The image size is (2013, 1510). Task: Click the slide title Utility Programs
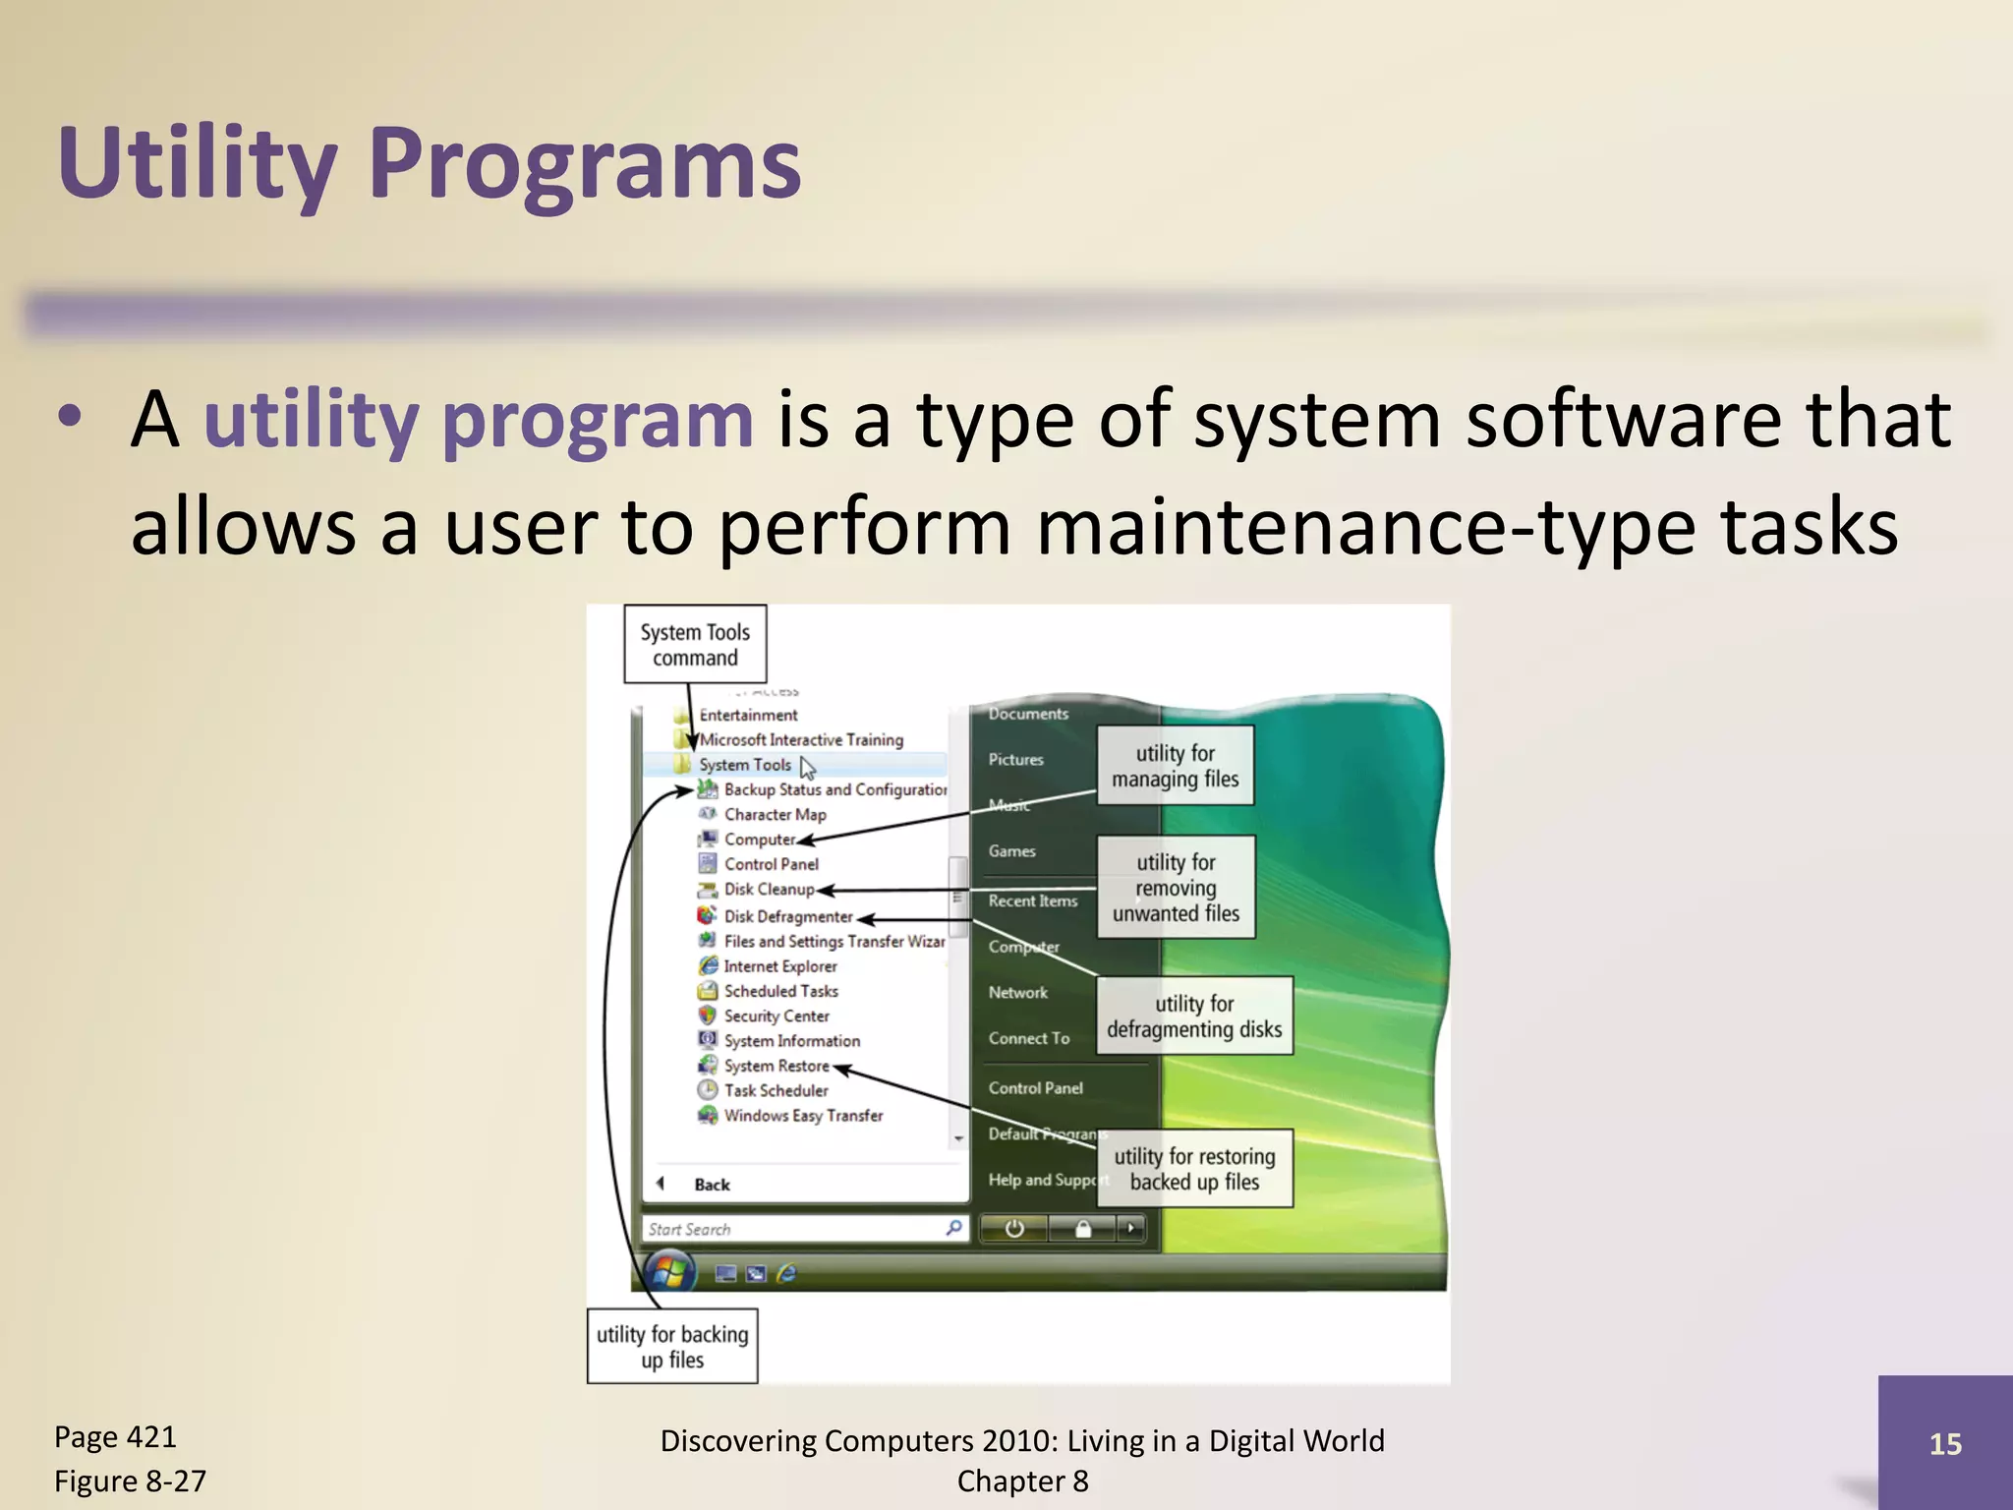point(429,162)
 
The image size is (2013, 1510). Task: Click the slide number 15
point(1945,1443)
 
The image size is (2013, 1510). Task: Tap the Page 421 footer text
point(115,1436)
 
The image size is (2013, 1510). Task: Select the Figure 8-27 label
point(130,1481)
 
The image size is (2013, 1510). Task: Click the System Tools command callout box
point(695,645)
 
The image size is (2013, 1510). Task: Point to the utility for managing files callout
point(1175,766)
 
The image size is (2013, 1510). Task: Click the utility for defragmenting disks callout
point(1193,1016)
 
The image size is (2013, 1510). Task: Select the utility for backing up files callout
point(672,1346)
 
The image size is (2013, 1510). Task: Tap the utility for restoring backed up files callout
point(1193,1168)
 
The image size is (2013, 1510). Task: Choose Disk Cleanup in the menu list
point(769,889)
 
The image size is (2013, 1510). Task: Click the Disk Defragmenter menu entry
point(787,916)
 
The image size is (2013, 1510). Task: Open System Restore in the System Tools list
point(776,1066)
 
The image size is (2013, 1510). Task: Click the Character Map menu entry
point(775,814)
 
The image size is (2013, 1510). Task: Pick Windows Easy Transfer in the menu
point(803,1115)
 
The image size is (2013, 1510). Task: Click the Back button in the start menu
point(711,1185)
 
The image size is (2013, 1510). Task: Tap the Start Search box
point(791,1229)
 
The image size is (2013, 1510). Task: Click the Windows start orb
point(669,1272)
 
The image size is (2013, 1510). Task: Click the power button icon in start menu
point(1014,1229)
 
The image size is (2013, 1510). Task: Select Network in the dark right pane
point(1017,992)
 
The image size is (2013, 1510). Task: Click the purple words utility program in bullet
point(478,420)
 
